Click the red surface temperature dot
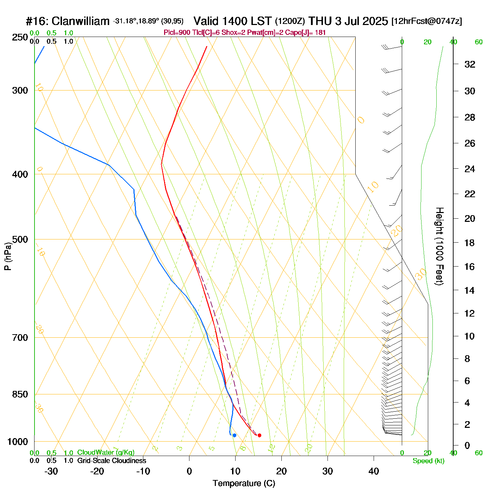260,435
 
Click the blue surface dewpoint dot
235,436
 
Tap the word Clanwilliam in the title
81,21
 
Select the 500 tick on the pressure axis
20,239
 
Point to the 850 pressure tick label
20,394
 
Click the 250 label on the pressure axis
20,37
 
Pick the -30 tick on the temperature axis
51,471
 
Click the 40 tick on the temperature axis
374,471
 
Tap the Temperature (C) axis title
244,483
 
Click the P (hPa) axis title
8,256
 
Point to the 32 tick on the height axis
470,64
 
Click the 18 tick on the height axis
470,243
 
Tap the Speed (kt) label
428,461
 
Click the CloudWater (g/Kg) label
106,453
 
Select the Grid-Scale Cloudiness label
112,461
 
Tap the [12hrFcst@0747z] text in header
426,21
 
